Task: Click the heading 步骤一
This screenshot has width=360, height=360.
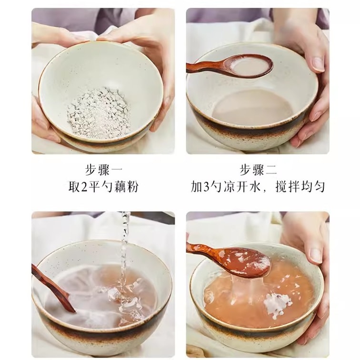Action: point(104,170)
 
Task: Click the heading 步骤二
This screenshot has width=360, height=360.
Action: point(258,170)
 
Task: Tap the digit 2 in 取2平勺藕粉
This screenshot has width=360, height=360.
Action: point(85,187)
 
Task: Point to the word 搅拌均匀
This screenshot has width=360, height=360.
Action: point(300,187)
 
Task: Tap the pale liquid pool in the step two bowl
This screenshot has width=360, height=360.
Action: point(252,108)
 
